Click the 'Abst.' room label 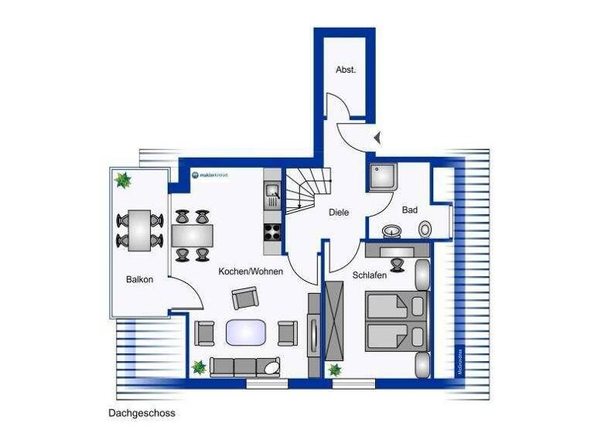click(346, 70)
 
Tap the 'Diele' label click(339, 212)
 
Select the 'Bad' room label click(410, 210)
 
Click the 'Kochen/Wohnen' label click(251, 271)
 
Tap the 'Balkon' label click(140, 279)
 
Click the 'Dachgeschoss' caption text click(143, 413)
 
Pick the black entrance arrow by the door click(377, 138)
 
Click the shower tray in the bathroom click(382, 176)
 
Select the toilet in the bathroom click(425, 229)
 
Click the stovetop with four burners click(273, 230)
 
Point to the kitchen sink click(272, 189)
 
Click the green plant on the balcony click(122, 181)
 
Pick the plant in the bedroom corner click(336, 370)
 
